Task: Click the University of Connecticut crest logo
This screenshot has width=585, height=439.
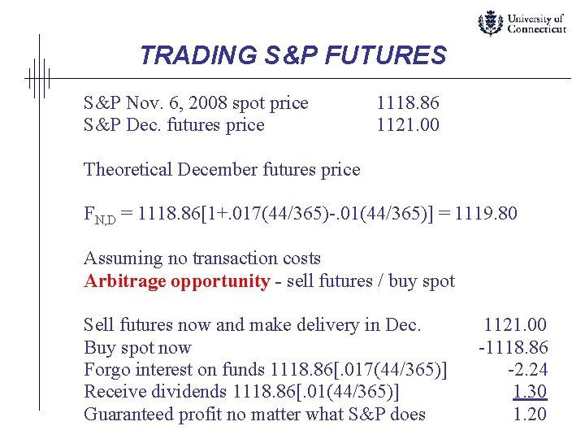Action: (490, 23)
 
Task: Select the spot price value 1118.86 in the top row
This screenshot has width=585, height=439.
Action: (407, 103)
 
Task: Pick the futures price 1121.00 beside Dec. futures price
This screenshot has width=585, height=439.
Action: (407, 124)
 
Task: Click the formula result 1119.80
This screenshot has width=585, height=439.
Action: (486, 215)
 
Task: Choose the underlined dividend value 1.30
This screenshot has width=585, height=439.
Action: (530, 392)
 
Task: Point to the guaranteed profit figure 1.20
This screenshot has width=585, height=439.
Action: (530, 414)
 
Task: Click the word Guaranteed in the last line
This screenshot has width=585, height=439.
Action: (127, 414)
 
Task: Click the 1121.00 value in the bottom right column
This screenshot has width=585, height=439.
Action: (515, 325)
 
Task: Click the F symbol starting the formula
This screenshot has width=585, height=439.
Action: (89, 215)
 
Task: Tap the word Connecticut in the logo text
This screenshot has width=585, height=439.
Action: (536, 28)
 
